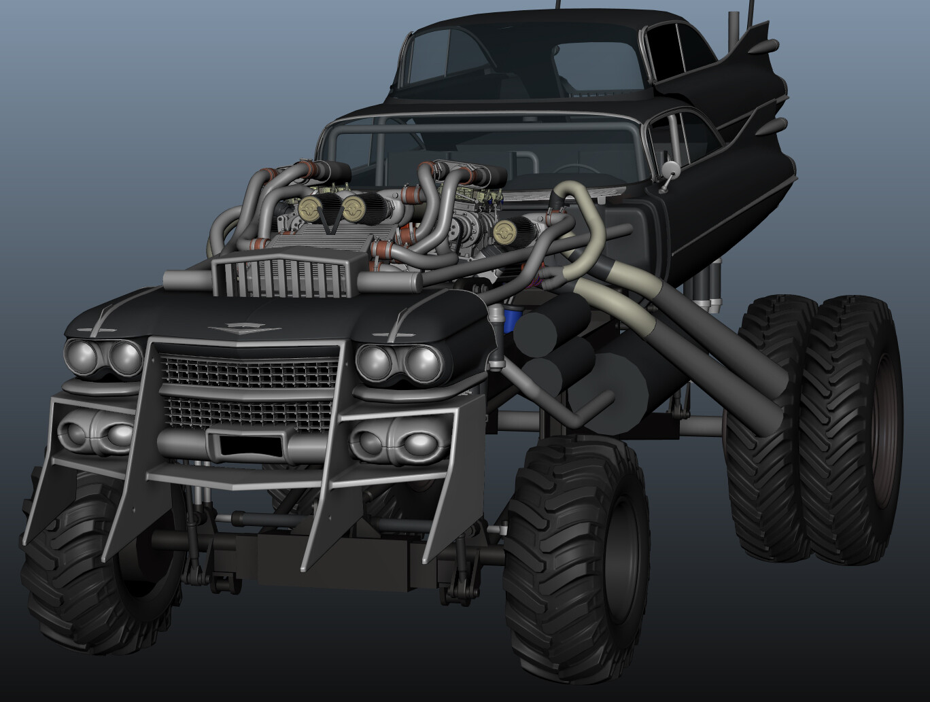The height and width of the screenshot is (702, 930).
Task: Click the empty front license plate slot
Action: pos(249,446)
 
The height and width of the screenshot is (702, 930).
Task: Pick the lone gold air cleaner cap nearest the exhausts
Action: pos(504,231)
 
